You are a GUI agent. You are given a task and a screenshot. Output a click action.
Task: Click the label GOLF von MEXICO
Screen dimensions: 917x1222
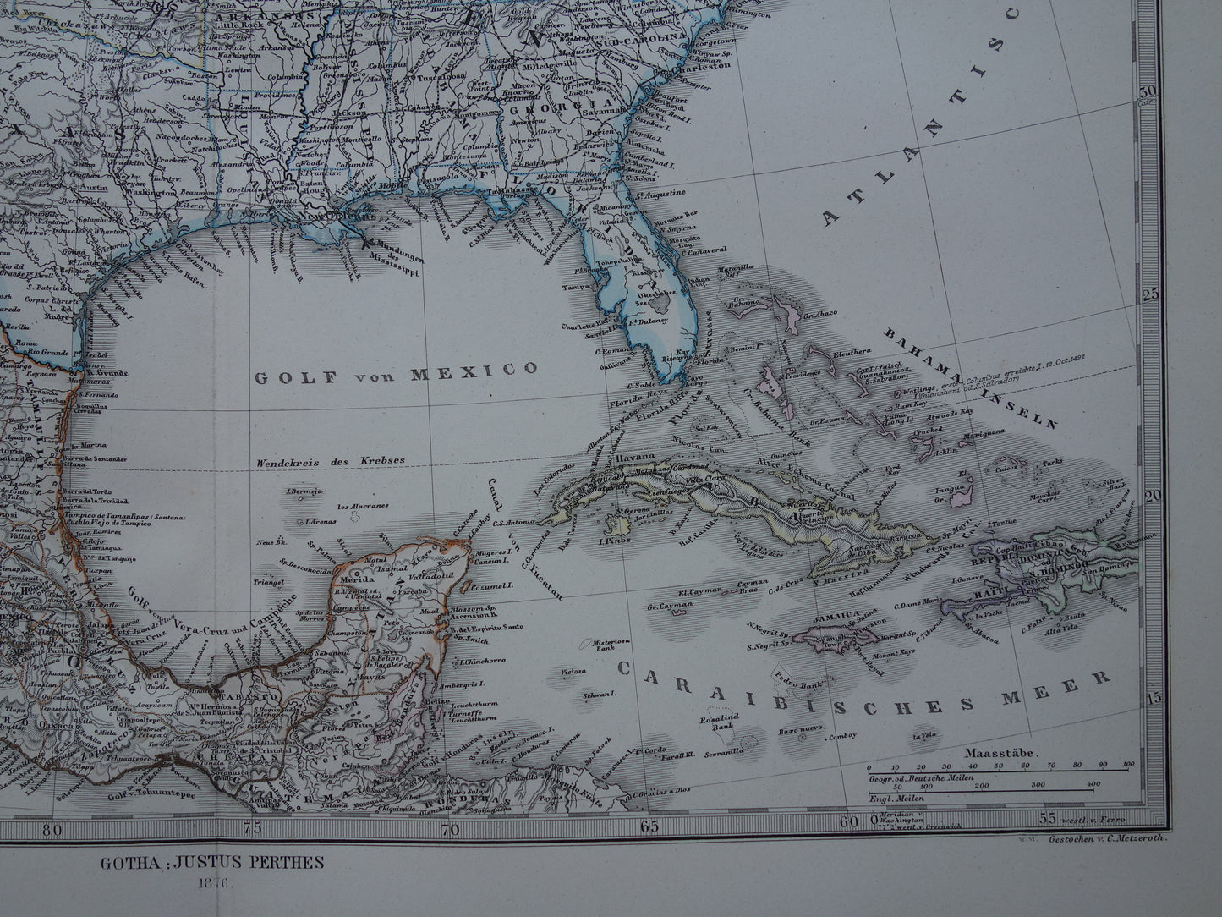click(x=397, y=371)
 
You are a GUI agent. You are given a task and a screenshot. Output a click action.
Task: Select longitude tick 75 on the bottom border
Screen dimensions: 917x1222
click(x=252, y=828)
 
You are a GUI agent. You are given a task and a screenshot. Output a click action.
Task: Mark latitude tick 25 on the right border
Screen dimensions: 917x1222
click(x=1173, y=294)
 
